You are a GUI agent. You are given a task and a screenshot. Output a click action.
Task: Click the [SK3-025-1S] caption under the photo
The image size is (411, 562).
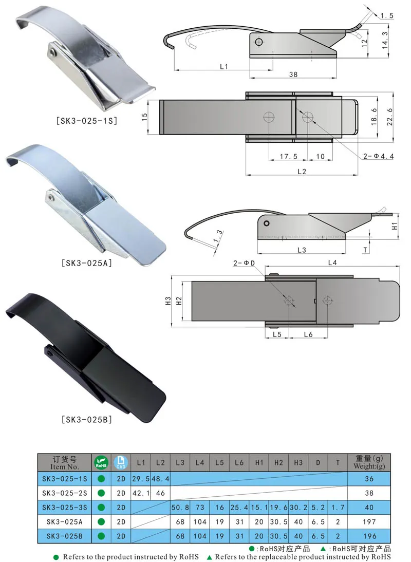coord(86,122)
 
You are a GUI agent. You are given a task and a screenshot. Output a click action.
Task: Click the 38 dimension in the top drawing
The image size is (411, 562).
coord(293,74)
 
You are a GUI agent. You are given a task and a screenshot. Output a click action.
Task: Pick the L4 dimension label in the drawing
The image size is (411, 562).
coord(332,263)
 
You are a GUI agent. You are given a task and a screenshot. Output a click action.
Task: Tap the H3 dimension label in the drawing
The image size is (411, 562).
coord(168,302)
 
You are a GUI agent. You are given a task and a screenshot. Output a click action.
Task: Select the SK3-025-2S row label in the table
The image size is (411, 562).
coord(64,493)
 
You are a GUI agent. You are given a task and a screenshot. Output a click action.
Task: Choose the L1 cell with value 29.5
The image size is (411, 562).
coord(140,479)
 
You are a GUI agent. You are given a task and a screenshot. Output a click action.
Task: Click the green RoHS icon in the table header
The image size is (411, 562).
coord(101,463)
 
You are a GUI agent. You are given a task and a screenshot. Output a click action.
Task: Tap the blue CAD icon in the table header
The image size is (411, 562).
coord(121,463)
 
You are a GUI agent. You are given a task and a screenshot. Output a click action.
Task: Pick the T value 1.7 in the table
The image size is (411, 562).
coord(338,507)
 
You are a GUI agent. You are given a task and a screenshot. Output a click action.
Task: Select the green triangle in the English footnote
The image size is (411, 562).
coord(210,557)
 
